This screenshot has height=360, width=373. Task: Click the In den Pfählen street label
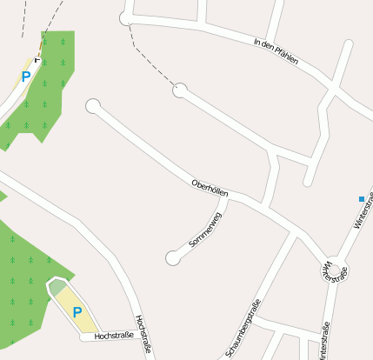point(276,52)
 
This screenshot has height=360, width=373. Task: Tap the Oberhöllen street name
point(210,187)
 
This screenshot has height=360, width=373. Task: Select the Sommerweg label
point(206,231)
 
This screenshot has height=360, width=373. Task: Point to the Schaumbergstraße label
point(243,327)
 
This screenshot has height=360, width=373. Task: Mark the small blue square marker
point(362,199)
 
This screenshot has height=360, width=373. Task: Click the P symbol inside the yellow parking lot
point(77,312)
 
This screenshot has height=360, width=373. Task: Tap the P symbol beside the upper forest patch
point(26,77)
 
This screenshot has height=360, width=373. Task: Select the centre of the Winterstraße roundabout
point(334,270)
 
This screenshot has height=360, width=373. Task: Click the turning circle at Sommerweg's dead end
point(173,257)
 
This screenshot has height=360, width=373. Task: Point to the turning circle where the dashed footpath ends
point(180,90)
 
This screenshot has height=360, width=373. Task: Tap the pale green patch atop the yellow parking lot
point(57,288)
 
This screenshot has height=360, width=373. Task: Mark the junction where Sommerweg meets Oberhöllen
point(228,197)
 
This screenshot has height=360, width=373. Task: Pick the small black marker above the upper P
point(37,59)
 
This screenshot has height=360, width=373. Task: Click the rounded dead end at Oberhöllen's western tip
point(93,106)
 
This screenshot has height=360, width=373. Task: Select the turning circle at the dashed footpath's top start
point(126,17)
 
